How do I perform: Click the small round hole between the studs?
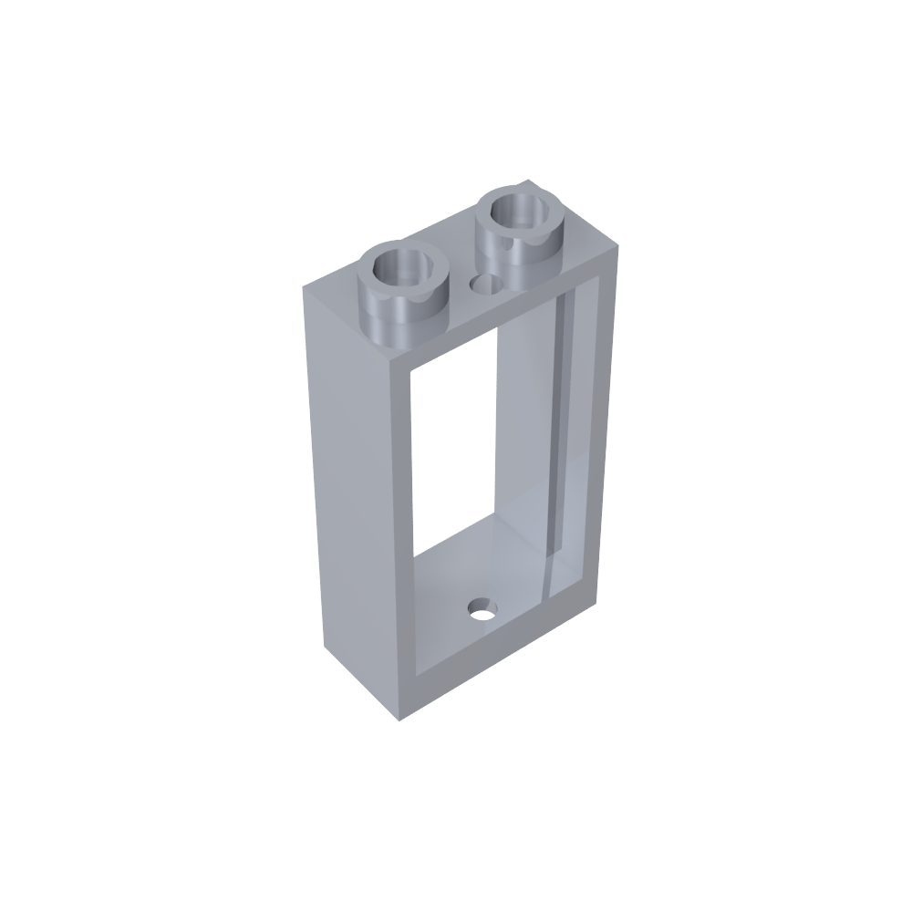pyautogui.click(x=484, y=286)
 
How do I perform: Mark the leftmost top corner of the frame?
pyautogui.click(x=305, y=287)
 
